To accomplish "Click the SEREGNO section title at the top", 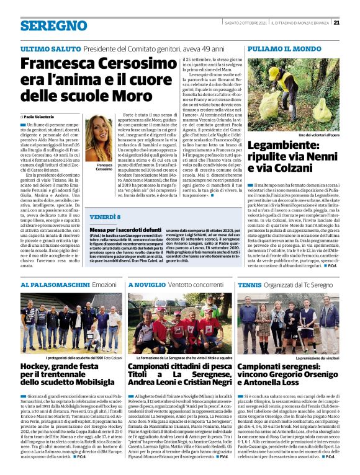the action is click(x=54, y=25).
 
